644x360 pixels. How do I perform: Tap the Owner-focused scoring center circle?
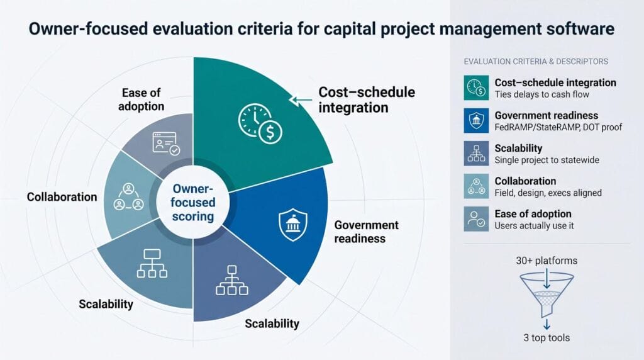pyautogui.click(x=193, y=203)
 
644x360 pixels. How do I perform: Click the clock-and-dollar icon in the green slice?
pyautogui.click(x=260, y=123)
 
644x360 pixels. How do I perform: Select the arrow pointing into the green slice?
pyautogui.click(x=300, y=99)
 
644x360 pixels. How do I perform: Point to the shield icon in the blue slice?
pyautogui.click(x=293, y=225)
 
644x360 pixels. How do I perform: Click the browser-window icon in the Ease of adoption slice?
pyautogui.click(x=166, y=143)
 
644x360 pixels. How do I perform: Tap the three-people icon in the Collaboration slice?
pyautogui.click(x=128, y=197)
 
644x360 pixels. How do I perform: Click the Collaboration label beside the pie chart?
pyautogui.click(x=62, y=197)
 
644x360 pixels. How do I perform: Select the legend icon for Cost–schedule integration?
pyautogui.click(x=476, y=87)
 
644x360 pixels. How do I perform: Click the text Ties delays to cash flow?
pyautogui.click(x=541, y=94)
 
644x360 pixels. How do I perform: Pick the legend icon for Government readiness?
pyautogui.click(x=476, y=120)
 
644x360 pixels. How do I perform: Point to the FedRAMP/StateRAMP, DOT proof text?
pyautogui.click(x=558, y=127)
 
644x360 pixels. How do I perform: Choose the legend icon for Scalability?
pyautogui.click(x=476, y=154)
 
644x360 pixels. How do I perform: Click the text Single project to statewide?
pyautogui.click(x=547, y=160)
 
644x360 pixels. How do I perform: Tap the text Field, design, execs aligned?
pyautogui.click(x=548, y=193)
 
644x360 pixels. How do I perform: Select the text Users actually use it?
pyautogui.click(x=534, y=225)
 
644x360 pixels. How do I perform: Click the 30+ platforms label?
pyautogui.click(x=547, y=261)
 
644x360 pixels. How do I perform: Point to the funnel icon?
pyautogui.click(x=547, y=295)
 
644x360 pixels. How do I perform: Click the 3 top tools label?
pyautogui.click(x=547, y=338)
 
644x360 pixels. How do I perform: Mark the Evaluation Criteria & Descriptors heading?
pyautogui.click(x=536, y=62)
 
